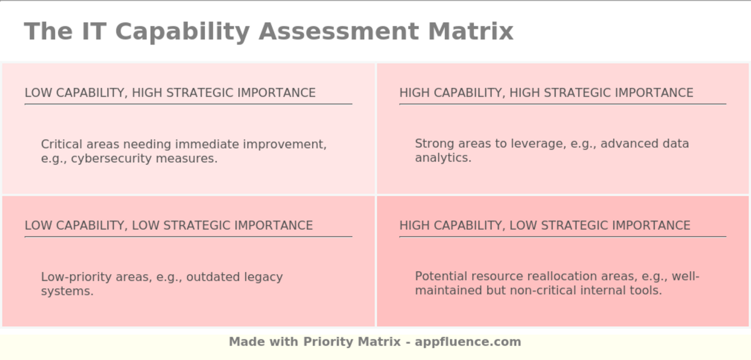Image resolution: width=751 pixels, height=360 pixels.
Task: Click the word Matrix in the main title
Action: (x=471, y=32)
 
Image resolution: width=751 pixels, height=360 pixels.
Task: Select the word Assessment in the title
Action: (x=338, y=32)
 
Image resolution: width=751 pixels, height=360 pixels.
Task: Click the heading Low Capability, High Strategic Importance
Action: (x=170, y=93)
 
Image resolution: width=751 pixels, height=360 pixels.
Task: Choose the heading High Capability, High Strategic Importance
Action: (x=546, y=93)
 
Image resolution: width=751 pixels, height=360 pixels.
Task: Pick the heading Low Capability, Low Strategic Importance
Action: (x=168, y=225)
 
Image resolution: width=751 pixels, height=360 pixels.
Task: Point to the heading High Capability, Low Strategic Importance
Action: (x=545, y=225)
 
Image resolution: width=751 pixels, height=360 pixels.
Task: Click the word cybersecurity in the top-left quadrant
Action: (x=112, y=159)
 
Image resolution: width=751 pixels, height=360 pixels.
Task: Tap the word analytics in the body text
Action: (x=443, y=158)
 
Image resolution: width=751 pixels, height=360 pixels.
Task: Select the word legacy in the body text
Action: (x=263, y=277)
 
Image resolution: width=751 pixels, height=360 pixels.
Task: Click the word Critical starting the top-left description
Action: (x=62, y=144)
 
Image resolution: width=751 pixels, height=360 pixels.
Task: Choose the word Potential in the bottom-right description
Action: (x=441, y=276)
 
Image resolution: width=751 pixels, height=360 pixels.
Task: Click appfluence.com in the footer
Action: (x=468, y=342)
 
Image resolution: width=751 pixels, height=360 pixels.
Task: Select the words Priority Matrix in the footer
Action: (x=352, y=342)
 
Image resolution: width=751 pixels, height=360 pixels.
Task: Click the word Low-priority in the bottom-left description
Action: (x=76, y=277)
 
